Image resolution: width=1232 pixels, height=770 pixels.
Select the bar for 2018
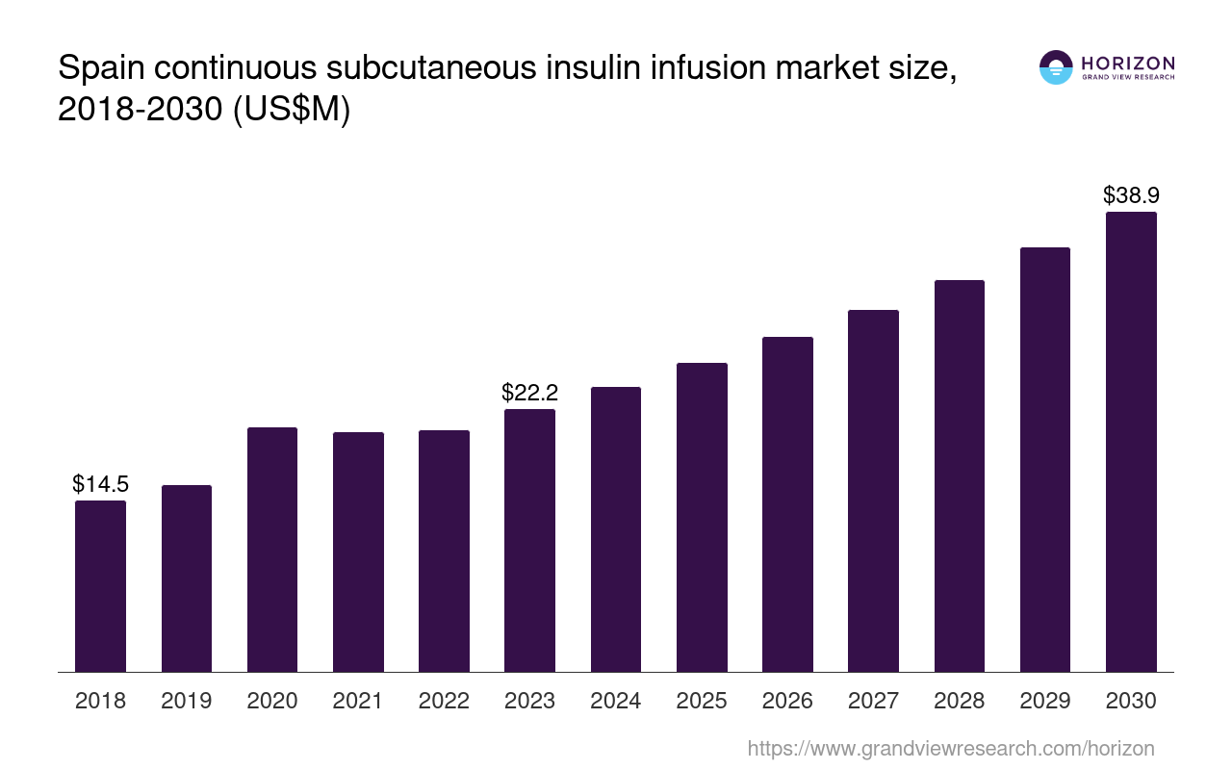click(100, 586)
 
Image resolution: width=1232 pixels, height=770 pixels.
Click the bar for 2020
click(272, 550)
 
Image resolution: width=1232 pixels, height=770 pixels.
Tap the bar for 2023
click(529, 540)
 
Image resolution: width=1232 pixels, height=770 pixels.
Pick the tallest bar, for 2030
click(1131, 442)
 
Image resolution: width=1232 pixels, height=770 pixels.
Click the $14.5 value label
click(100, 484)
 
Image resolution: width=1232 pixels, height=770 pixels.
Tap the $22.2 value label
click(529, 393)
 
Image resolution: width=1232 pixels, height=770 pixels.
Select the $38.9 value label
click(1131, 195)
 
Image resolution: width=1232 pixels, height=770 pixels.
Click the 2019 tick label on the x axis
click(187, 701)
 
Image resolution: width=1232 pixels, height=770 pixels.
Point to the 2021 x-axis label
click(358, 701)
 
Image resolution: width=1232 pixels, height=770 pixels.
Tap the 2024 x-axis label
click(616, 701)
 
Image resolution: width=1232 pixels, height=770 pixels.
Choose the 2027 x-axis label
click(873, 701)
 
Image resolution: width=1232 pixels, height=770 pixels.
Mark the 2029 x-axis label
click(1045, 701)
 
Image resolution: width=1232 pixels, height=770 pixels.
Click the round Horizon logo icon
click(1056, 67)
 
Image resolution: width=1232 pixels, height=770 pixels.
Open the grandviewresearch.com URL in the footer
click(950, 748)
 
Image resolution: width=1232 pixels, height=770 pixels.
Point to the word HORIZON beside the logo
click(1128, 63)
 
